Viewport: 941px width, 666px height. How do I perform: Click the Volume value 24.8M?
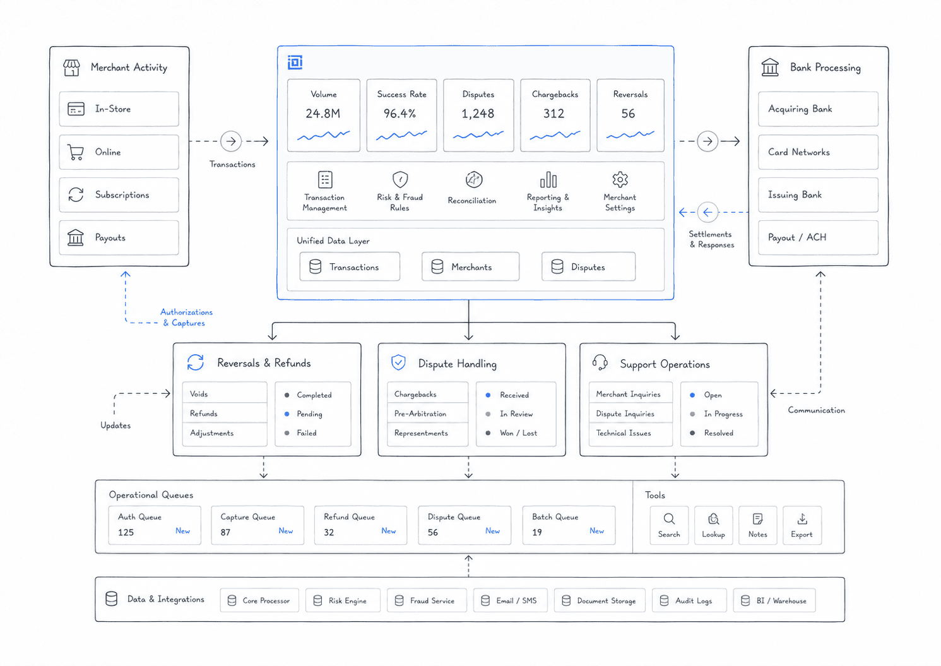pos(323,114)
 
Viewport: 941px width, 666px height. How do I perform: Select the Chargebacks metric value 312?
pos(553,114)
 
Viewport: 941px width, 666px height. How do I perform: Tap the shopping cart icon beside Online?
pos(76,152)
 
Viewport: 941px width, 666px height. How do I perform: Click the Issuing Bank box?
pos(818,195)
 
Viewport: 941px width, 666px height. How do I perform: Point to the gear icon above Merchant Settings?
pos(620,180)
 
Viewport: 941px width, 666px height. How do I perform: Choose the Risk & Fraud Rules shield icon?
pos(400,180)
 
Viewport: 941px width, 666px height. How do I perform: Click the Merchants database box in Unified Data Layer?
pos(471,267)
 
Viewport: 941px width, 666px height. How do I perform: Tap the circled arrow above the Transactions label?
pos(231,141)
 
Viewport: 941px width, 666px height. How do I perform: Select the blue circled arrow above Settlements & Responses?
pos(707,212)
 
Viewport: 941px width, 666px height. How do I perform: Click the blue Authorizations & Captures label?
pos(186,318)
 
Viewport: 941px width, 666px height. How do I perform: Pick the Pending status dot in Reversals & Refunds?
pos(287,414)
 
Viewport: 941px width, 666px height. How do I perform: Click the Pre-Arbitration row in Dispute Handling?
pos(428,413)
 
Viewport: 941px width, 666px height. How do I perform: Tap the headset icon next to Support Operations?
pos(600,362)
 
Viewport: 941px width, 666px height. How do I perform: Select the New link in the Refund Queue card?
pos(389,531)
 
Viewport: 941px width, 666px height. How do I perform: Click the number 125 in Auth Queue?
pos(126,532)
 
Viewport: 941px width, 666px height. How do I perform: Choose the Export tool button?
pos(802,526)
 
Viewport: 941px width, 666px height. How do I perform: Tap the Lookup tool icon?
pos(713,520)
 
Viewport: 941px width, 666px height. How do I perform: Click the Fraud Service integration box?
pos(427,600)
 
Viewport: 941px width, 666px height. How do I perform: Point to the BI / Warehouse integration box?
pos(774,600)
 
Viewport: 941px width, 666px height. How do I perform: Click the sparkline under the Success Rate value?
pos(401,135)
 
